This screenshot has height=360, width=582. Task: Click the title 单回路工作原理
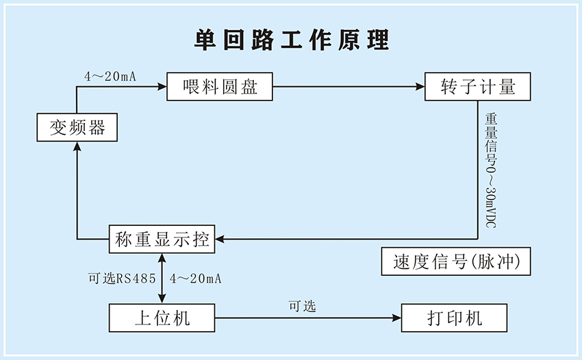tap(291, 40)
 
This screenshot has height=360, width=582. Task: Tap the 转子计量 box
tap(478, 87)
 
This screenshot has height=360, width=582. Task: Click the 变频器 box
tap(77, 127)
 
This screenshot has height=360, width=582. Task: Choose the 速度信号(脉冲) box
tap(455, 261)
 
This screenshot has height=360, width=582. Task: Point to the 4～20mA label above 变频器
tap(110, 76)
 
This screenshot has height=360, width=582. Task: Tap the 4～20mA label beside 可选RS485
tap(195, 279)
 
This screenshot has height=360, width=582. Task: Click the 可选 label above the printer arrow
tap(302, 306)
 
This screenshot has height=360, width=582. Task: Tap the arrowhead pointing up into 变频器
tap(76, 146)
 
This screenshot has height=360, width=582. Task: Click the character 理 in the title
tap(378, 40)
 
